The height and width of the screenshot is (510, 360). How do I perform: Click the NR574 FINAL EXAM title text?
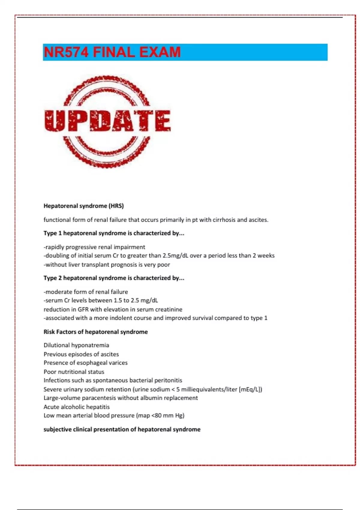pyautogui.click(x=112, y=52)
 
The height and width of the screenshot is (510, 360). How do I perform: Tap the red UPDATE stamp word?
pyautogui.click(x=107, y=121)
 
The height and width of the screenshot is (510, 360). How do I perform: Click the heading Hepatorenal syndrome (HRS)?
pyautogui.click(x=83, y=206)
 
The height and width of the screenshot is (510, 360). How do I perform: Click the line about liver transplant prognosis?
pyautogui.click(x=107, y=265)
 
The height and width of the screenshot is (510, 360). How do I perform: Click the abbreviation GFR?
pyautogui.click(x=83, y=309)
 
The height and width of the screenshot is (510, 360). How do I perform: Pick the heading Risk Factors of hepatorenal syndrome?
pyautogui.click(x=95, y=332)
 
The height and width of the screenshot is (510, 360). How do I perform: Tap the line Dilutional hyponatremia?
pyautogui.click(x=76, y=345)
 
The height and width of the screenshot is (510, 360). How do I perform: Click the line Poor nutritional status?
pyautogui.click(x=74, y=372)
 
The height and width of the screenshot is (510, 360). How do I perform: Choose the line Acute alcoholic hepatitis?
pyautogui.click(x=76, y=407)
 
